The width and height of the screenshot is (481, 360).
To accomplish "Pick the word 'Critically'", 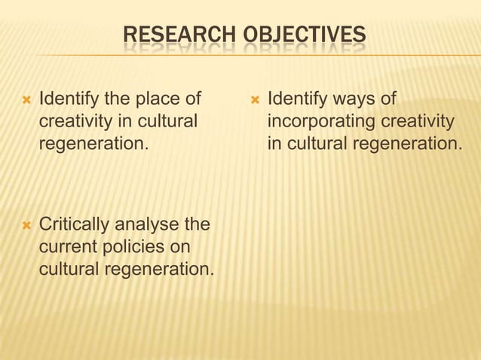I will coord(73,224).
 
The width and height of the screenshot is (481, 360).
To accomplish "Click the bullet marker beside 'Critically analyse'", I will coord(27,225).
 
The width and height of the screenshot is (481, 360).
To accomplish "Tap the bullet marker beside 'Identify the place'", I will coord(27,99).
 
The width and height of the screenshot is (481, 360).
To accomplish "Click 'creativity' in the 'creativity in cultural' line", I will coord(76,121).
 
